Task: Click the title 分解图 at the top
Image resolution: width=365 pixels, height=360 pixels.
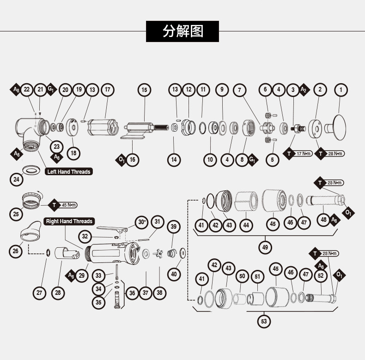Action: pyautogui.click(x=182, y=31)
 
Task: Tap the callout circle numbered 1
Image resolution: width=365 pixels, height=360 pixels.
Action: pyautogui.click(x=341, y=90)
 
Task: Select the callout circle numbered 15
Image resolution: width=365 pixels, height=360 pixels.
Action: pyautogui.click(x=144, y=90)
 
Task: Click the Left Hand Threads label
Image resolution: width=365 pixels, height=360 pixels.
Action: pyautogui.click(x=69, y=171)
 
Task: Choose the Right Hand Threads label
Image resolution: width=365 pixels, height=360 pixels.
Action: pyautogui.click(x=69, y=221)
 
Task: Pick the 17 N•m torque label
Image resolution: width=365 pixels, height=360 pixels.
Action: pyautogui.click(x=304, y=153)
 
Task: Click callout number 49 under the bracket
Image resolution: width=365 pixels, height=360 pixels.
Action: pyautogui.click(x=265, y=247)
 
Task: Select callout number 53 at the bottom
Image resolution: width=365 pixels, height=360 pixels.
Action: pyautogui.click(x=264, y=321)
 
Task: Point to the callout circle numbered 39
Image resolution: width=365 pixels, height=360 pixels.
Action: pyautogui.click(x=173, y=226)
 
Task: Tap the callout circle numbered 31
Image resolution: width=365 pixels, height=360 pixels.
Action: pyautogui.click(x=158, y=222)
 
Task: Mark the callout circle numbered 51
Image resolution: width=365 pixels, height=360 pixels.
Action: pyautogui.click(x=257, y=277)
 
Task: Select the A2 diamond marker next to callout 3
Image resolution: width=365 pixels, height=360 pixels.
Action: pyautogui.click(x=304, y=90)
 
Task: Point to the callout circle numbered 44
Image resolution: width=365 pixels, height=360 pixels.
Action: pyautogui.click(x=246, y=225)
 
